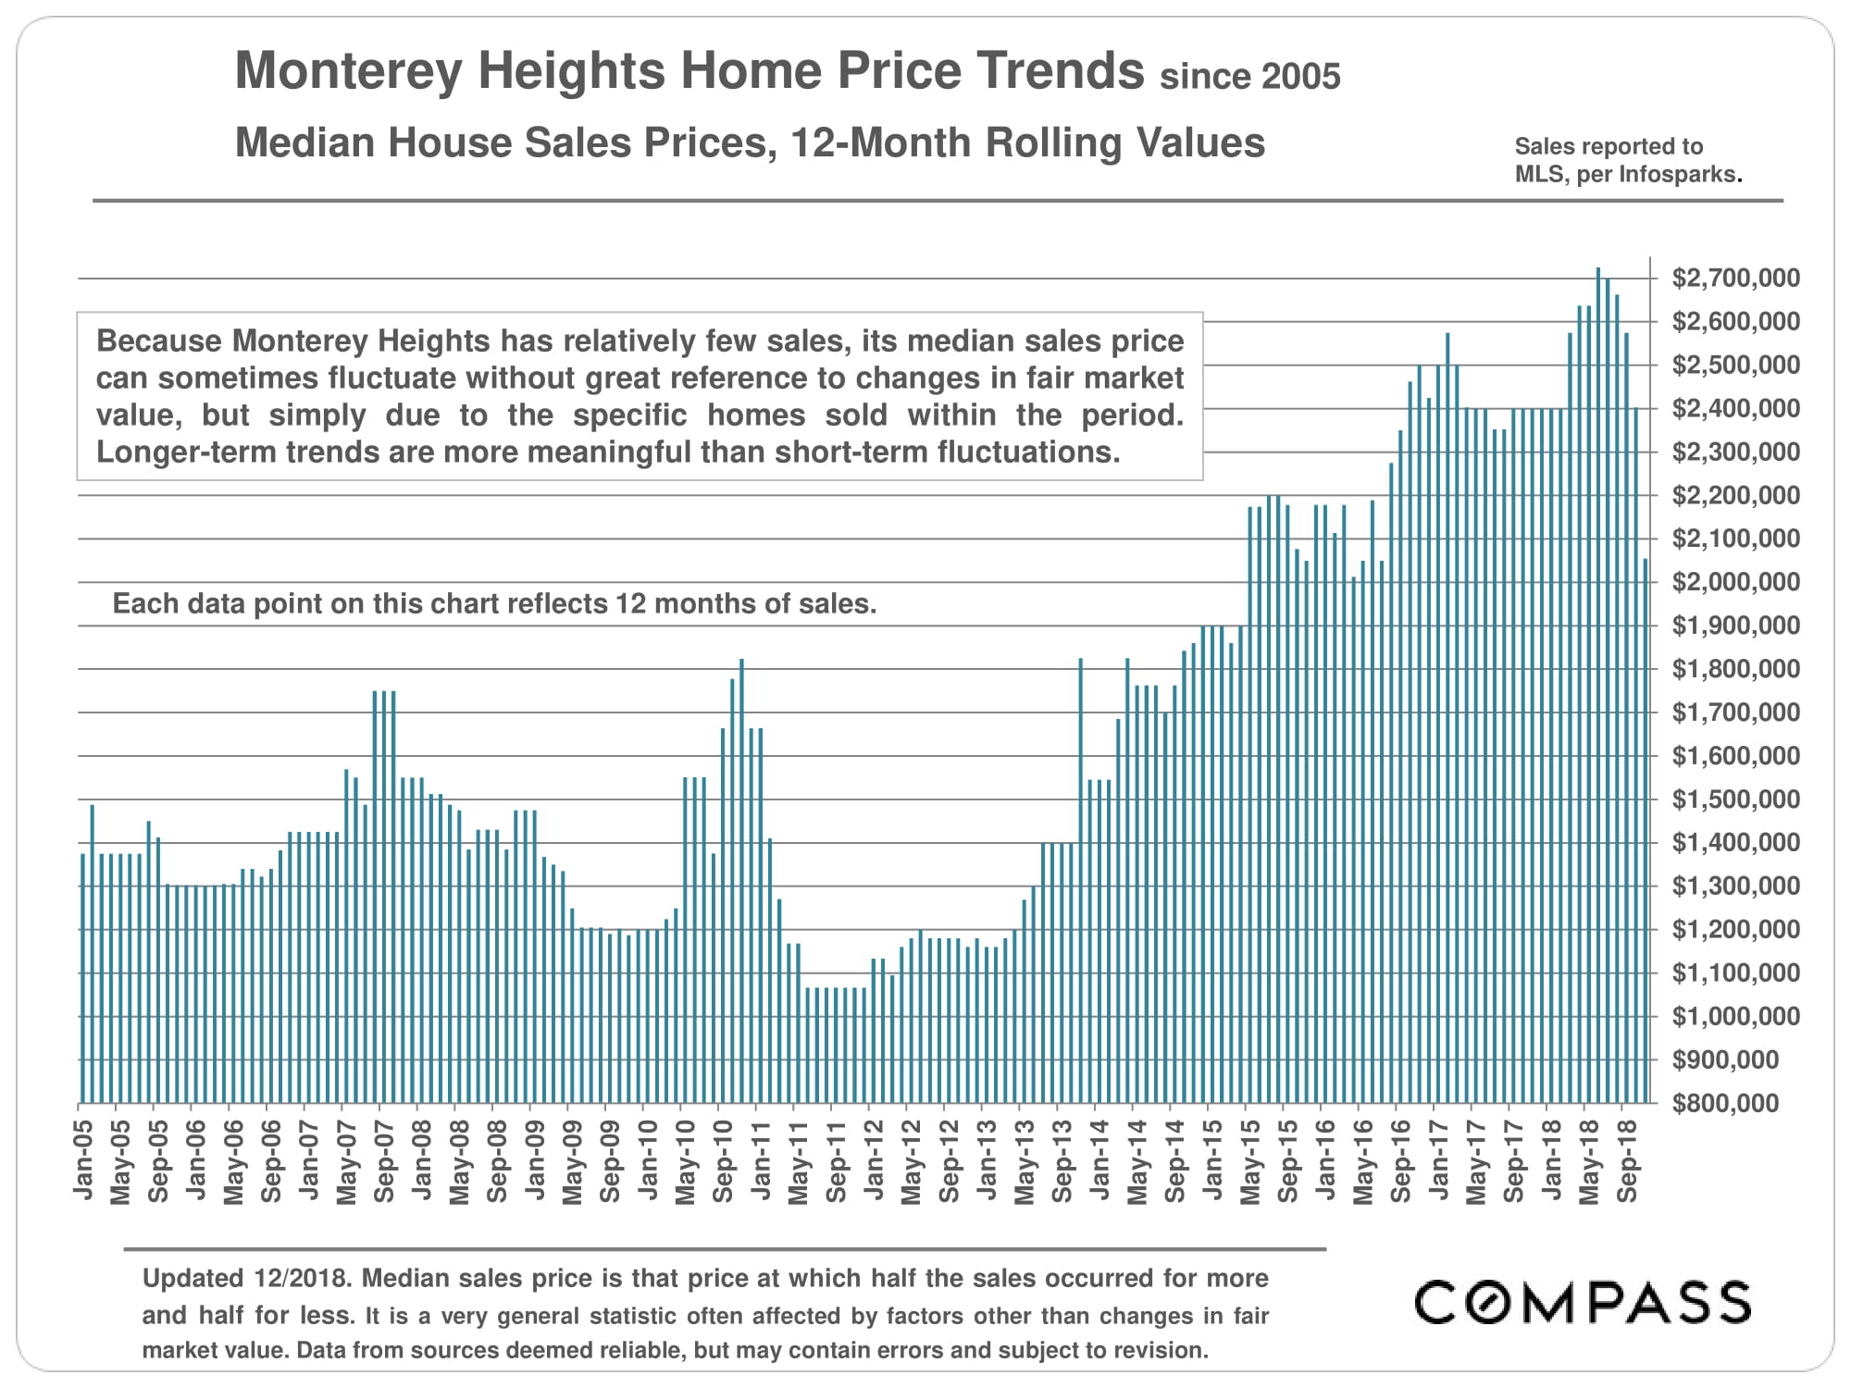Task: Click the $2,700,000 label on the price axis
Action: coord(1722,278)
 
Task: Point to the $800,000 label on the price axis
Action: coord(1725,1103)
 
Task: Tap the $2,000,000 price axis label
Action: coord(1722,582)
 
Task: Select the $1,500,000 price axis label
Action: coord(1722,799)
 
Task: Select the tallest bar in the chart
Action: coord(1598,685)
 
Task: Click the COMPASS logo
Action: coord(1583,1302)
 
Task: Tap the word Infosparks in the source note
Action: coord(1679,174)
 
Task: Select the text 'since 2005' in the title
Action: coord(1249,77)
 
